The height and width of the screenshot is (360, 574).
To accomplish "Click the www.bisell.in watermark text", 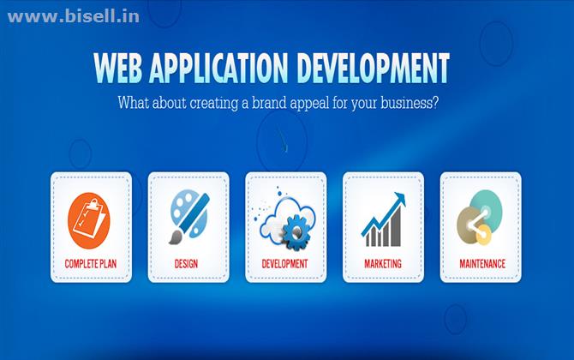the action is pos(73,17).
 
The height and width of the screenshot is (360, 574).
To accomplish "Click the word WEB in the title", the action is pos(118,68).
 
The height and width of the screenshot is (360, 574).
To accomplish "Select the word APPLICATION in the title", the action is pos(218,68).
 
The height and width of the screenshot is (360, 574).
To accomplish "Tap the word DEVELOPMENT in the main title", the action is pos(373,68).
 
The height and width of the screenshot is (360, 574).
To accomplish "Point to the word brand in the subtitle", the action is pos(269,103).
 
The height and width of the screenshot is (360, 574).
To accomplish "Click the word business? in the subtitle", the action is pos(410,103).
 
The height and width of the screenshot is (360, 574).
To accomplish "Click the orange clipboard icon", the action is pos(89,220).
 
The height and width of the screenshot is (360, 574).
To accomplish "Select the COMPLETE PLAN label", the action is pos(91,264).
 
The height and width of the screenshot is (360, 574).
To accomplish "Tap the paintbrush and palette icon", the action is pos(189,217).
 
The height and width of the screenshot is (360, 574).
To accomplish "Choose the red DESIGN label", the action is pos(186,264).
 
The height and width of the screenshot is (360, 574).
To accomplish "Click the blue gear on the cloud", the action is pos(296,233).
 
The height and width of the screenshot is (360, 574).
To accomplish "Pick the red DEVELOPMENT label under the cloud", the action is pos(284,264).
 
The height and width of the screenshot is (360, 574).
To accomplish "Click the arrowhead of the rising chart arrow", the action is pos(400,198).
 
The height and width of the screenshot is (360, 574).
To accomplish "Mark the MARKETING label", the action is pos(383,264).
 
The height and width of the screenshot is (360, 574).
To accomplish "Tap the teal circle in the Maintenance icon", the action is pos(486,205).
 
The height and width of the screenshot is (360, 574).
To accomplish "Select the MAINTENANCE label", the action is pos(482,264).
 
